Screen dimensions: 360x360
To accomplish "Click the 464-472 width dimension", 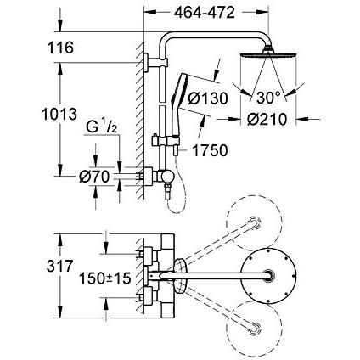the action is coord(204,13).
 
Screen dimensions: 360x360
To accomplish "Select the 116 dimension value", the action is coord(60,48).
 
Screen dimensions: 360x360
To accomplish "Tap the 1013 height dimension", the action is coord(59,115).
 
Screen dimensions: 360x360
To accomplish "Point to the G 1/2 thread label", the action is coord(102,127).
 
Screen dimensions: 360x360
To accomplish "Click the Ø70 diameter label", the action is coord(94,177).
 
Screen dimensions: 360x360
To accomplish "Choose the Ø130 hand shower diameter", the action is coord(208,98).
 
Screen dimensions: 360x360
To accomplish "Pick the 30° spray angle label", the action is coord(268,98).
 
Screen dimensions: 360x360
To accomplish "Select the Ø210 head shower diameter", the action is coord(267,120).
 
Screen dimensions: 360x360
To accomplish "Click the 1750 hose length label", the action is coord(210,150).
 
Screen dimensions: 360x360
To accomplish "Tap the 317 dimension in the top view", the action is coord(59,267).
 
